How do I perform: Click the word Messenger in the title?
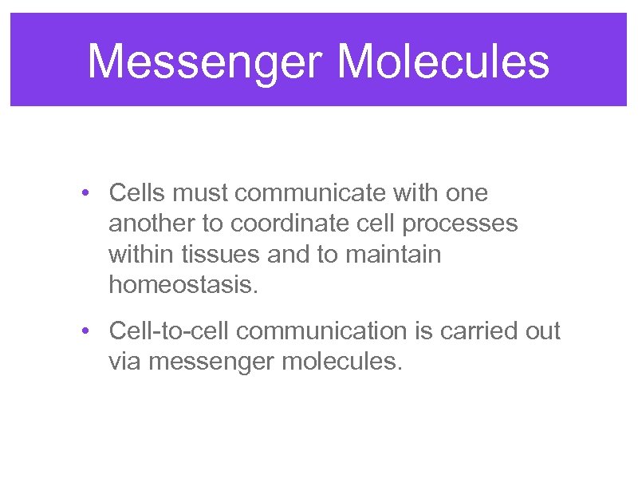pyautogui.click(x=202, y=61)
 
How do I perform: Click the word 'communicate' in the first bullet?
pyautogui.click(x=313, y=194)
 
